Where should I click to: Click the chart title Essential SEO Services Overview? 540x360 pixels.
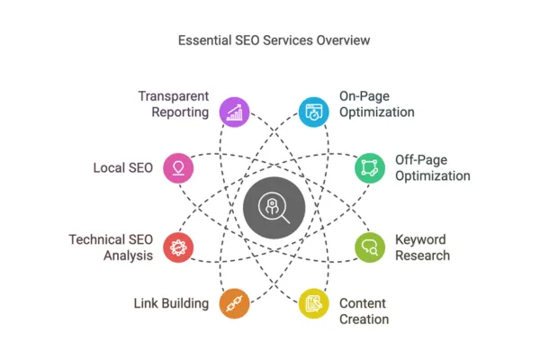click(270, 40)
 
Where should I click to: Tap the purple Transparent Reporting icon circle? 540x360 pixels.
click(236, 112)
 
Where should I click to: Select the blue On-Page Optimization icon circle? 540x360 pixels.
click(314, 112)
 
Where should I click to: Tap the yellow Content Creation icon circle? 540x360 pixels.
click(314, 301)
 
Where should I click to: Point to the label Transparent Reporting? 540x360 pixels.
click(173, 104)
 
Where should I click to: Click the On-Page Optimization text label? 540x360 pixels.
click(376, 104)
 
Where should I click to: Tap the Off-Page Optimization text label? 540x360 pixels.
click(432, 167)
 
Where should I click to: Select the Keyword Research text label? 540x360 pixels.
click(422, 247)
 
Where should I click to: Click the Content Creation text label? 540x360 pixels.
click(364, 310)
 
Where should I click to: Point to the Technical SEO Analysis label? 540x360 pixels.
click(111, 247)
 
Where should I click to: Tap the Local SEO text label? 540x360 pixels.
click(122, 167)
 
